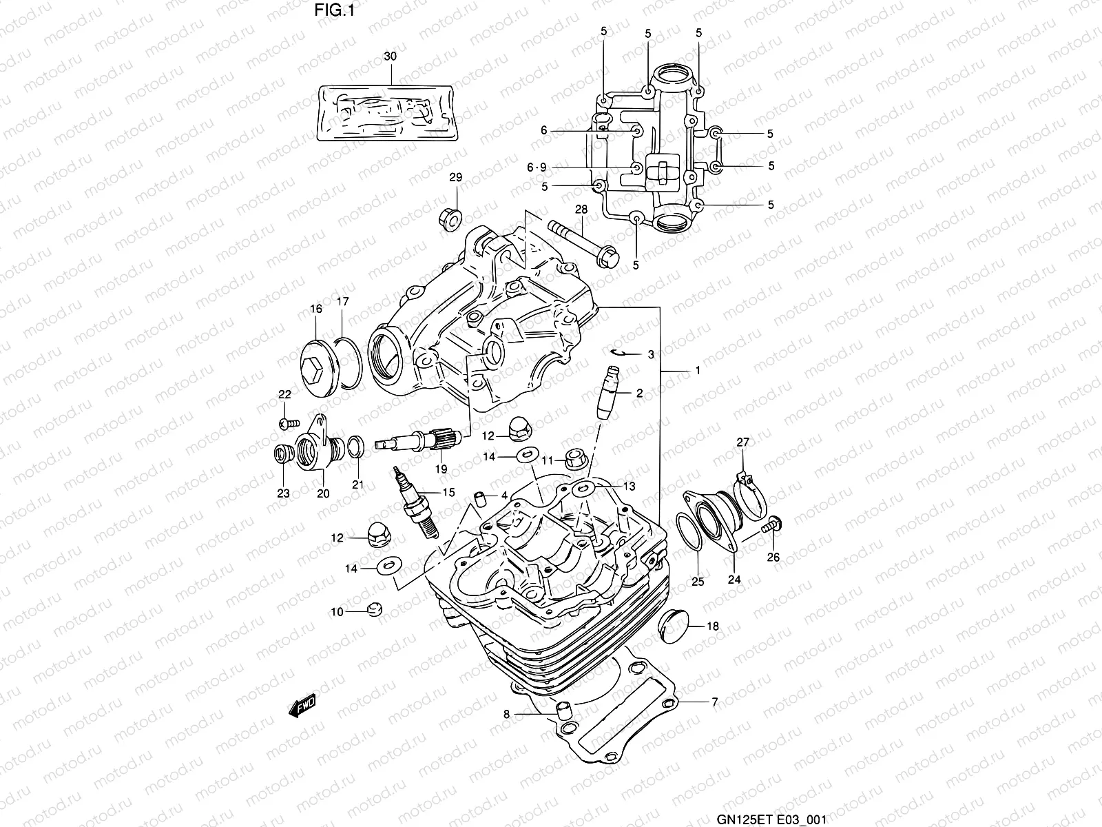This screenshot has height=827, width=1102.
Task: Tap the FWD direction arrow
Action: point(302,705)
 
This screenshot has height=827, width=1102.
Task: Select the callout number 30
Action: point(390,57)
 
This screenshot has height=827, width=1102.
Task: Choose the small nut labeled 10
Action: point(374,609)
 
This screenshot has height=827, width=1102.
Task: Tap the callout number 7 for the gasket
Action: point(714,702)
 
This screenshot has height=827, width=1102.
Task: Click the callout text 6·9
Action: point(537,167)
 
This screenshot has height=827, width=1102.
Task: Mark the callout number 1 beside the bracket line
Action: point(697,371)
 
